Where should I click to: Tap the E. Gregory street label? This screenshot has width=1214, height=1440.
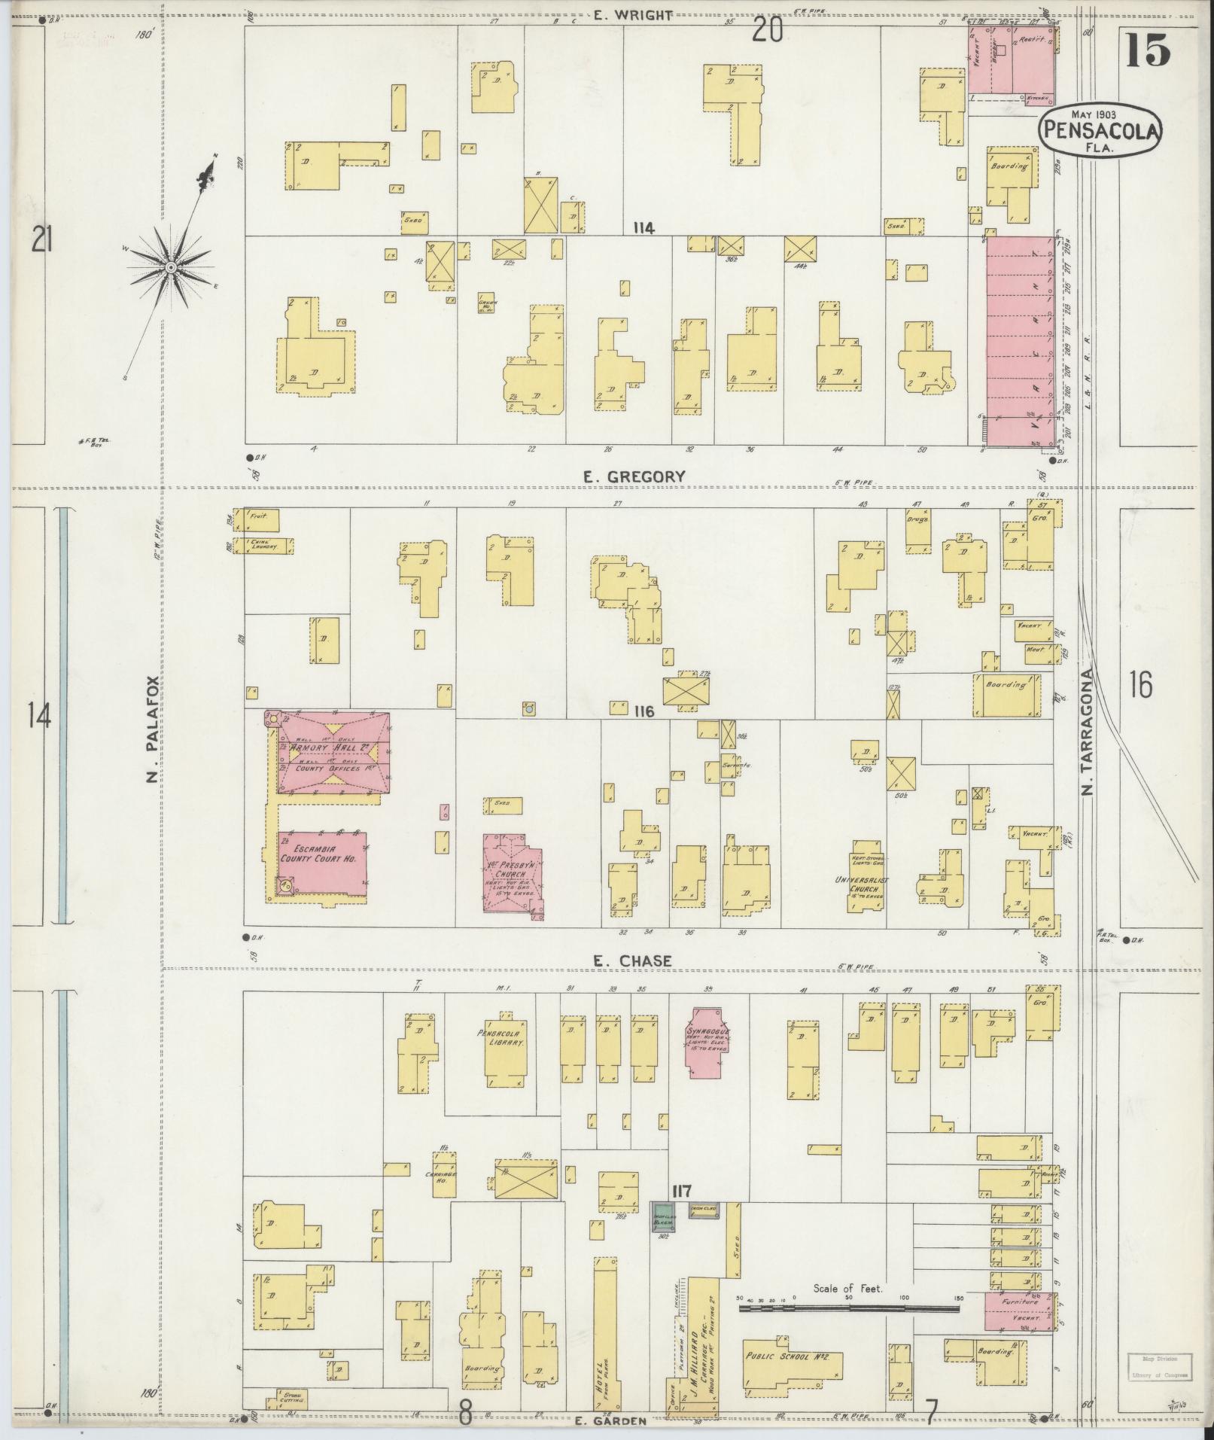coord(634,476)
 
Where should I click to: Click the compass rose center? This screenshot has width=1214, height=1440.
coord(172,267)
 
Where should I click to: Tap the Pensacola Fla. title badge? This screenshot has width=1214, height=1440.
coord(1100,130)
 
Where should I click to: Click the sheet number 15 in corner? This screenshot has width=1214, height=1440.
coord(1149,50)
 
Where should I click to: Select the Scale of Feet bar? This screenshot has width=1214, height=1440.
coord(848,1309)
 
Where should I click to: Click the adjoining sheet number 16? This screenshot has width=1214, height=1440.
coord(1140,685)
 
